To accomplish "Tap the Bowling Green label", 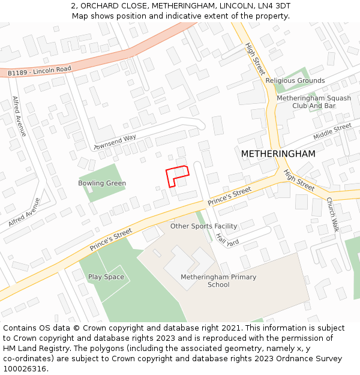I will (102, 183).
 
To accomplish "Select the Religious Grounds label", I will (295, 80).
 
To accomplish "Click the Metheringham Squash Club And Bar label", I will (314, 102).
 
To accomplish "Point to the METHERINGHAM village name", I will (278, 154).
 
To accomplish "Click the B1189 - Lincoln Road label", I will (40, 71).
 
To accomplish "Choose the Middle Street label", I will (332, 131).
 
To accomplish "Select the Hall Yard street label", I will (228, 239).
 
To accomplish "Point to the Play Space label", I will (106, 277).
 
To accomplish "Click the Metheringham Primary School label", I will (218, 281).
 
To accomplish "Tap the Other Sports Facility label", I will (203, 226).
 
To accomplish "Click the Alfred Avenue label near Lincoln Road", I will (19, 116).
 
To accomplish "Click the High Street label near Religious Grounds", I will (255, 58).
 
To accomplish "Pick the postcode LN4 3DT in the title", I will (277, 5).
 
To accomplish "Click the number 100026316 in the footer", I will (25, 368).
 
